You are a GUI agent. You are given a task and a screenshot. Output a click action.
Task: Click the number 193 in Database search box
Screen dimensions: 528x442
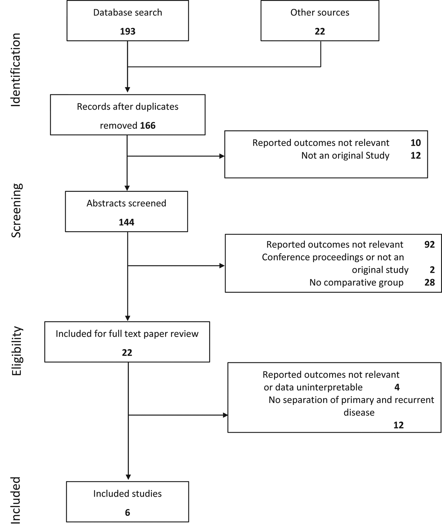(x=127, y=31)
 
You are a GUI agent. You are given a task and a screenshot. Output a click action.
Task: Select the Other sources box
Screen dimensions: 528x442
(x=319, y=21)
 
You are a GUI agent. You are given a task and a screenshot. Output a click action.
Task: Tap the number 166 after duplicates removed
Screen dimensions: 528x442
(x=148, y=125)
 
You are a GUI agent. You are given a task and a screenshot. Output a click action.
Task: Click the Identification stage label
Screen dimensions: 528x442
(x=16, y=70)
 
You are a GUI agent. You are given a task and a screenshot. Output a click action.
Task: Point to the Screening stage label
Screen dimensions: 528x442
(x=16, y=210)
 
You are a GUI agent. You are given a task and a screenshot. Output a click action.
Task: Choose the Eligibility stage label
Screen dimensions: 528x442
(x=16, y=351)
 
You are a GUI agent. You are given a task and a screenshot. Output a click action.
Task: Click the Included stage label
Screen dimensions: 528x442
(x=16, y=500)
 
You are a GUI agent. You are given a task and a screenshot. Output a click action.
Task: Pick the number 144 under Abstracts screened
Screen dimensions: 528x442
(x=126, y=222)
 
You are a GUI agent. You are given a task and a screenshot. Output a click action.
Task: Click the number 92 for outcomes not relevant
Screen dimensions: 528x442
(x=429, y=244)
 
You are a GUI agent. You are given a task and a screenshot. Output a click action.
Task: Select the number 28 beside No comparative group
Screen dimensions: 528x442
(x=429, y=282)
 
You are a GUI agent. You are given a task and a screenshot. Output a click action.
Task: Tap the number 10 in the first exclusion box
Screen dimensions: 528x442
(x=415, y=143)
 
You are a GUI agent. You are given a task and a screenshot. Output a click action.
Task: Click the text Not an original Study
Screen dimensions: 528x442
(x=345, y=155)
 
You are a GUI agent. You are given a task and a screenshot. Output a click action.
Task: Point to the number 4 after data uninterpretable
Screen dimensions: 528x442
(x=397, y=387)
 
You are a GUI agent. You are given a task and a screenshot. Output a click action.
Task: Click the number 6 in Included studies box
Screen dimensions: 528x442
(x=127, y=512)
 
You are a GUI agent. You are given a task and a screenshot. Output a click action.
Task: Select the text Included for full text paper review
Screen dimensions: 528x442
(x=127, y=334)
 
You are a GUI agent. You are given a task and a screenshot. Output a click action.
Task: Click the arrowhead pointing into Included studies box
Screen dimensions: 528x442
(x=128, y=478)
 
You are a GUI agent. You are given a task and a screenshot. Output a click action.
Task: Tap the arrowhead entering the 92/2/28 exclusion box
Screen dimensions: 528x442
(x=222, y=266)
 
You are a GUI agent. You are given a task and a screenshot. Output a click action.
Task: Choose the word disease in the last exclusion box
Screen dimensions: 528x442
(x=359, y=412)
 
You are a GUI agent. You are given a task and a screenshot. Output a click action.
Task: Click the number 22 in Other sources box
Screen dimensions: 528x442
(x=319, y=31)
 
